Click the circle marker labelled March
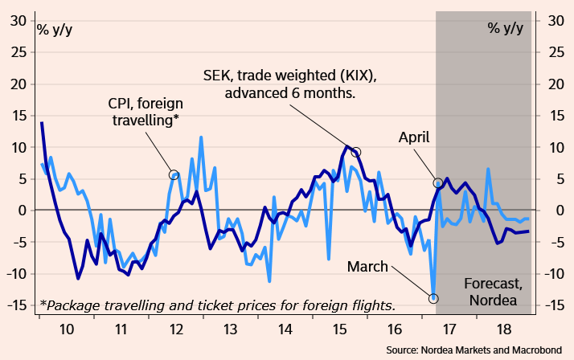point(433,298)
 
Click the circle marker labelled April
point(438,183)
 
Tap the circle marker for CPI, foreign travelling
point(173,174)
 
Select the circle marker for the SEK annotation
point(356,152)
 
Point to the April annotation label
point(419,137)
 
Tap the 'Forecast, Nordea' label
point(494,293)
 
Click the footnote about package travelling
point(217,305)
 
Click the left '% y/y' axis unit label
point(54,29)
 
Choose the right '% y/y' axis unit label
point(505,29)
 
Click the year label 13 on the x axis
point(230,329)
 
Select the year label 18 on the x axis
point(502,329)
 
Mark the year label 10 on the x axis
point(66,329)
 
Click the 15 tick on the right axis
point(554,116)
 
